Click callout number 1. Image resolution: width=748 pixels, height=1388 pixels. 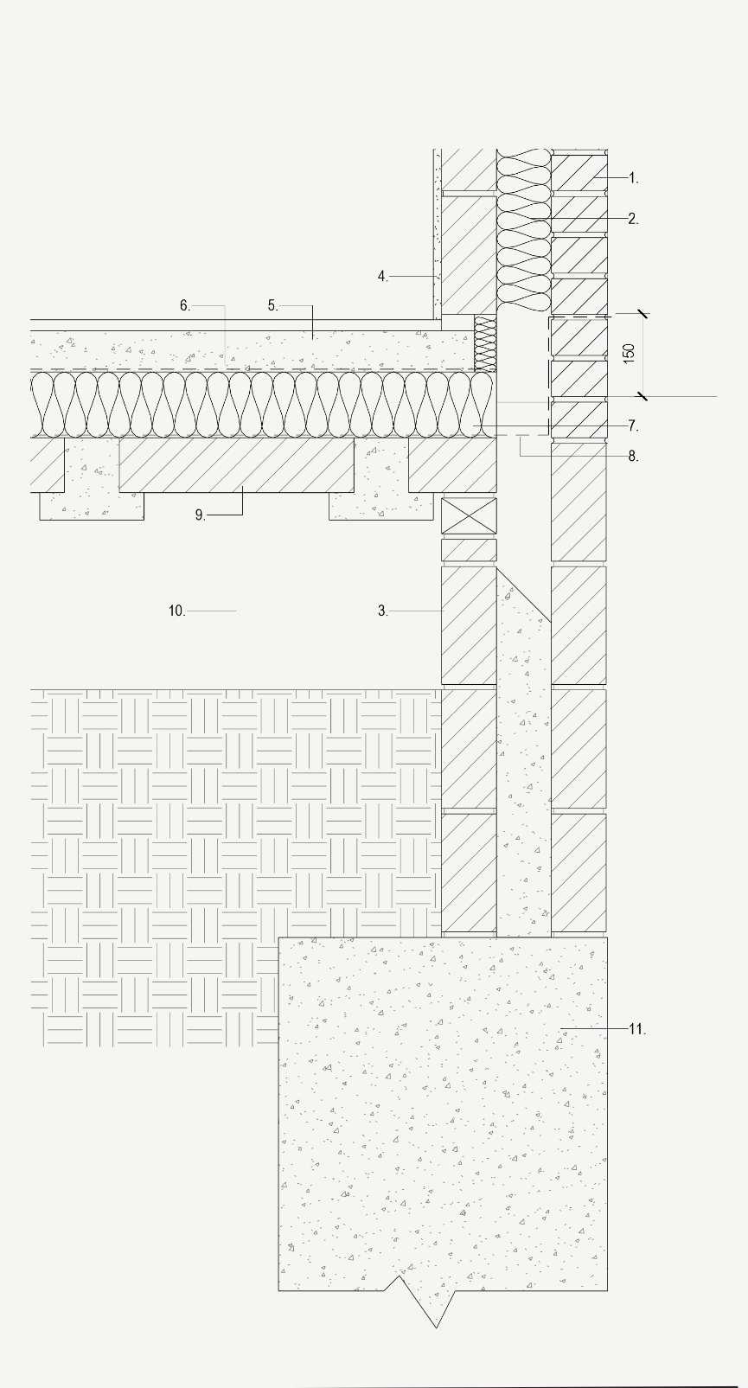click(633, 178)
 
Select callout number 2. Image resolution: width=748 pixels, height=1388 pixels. click(633, 220)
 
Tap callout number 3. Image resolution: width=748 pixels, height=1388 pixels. click(382, 611)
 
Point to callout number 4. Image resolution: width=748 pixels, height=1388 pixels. click(382, 277)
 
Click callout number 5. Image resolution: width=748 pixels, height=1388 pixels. click(272, 305)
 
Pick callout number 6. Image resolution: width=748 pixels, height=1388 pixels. click(184, 305)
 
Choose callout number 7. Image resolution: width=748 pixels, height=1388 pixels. click(633, 426)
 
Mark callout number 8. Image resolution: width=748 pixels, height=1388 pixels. click(633, 457)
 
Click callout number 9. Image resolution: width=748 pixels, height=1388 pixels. click(200, 515)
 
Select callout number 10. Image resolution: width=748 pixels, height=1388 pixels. click(176, 611)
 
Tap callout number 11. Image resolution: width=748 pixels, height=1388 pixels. click(636, 1029)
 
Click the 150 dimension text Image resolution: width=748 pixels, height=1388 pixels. click(630, 353)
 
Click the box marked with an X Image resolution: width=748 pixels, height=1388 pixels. click(469, 515)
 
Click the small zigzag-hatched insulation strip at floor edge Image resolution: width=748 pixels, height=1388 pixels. click(485, 342)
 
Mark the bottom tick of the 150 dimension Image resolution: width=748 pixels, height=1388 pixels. click(643, 396)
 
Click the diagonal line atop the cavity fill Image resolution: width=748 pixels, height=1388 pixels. click(524, 595)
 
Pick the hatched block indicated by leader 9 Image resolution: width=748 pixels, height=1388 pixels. click(236, 464)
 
